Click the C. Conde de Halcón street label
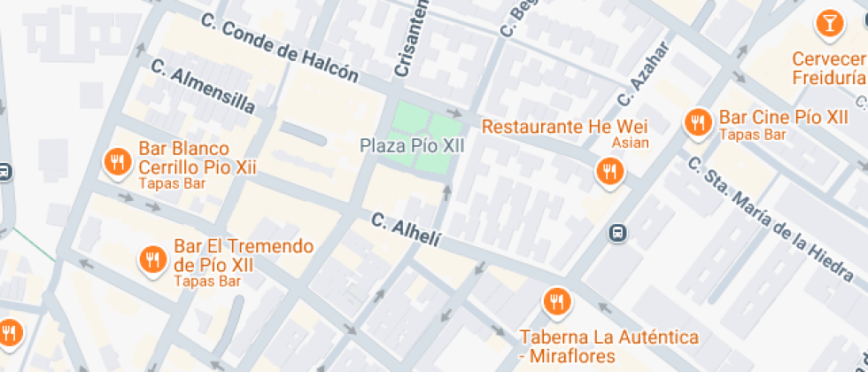[x=279, y=50]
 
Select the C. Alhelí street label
[x=406, y=229]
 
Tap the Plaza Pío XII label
[x=412, y=145]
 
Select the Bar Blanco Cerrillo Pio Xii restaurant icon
[x=117, y=161]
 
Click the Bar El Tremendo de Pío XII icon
[x=152, y=259]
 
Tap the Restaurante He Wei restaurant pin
[x=608, y=171]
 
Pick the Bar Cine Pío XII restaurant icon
[x=698, y=123]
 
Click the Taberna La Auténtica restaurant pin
[x=556, y=302]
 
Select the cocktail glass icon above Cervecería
[x=829, y=24]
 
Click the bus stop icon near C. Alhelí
[x=617, y=234]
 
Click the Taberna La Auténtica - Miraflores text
[x=608, y=346]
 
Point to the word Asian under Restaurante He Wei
[x=631, y=143]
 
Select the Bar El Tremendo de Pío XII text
[x=244, y=255]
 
